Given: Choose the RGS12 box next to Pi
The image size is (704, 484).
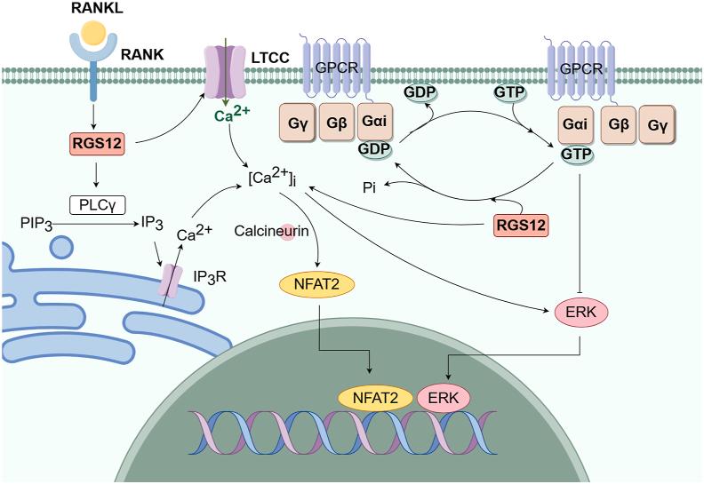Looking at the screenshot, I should point(519,226).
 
